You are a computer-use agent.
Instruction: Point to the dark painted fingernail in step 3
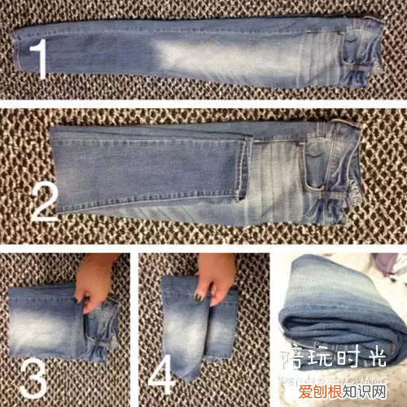77,301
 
